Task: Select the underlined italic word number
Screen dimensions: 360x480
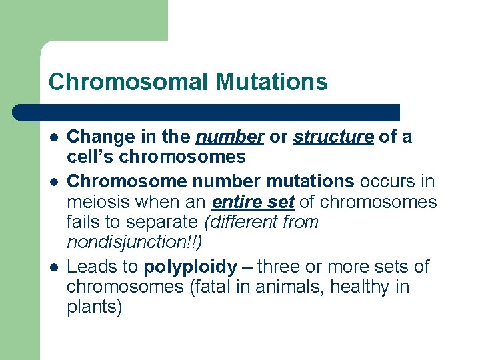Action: [x=229, y=137]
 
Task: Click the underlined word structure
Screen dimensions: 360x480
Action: [x=333, y=137]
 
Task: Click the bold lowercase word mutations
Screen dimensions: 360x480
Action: [x=311, y=181]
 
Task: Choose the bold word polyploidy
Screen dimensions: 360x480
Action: [x=190, y=267]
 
